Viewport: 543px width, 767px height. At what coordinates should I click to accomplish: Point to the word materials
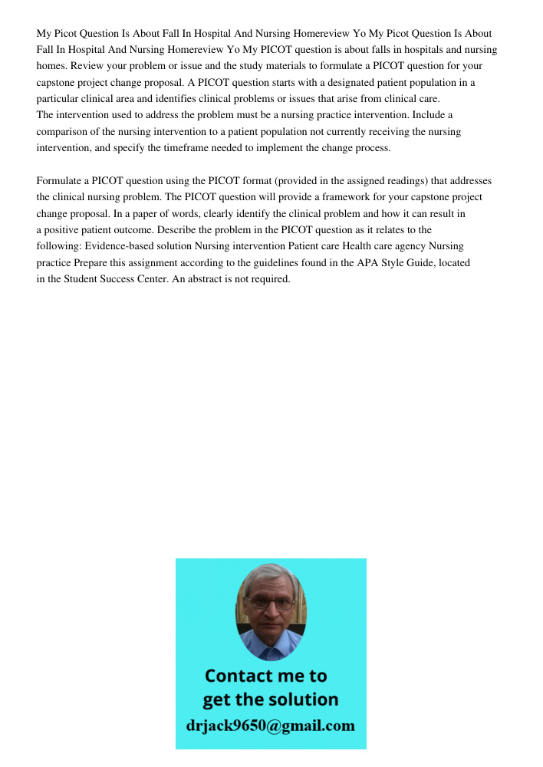pos(294,66)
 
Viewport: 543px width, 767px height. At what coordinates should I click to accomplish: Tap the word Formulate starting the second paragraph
pos(61,181)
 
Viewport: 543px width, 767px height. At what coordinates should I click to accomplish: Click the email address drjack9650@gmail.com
pos(271,725)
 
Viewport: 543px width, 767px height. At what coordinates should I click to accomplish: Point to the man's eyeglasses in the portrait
pos(271,603)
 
